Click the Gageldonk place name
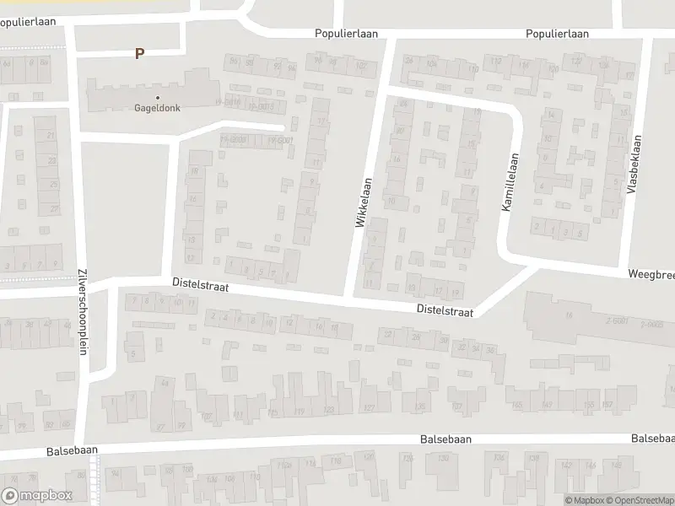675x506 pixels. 157,108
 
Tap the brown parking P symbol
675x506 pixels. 140,53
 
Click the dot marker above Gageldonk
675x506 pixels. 157,97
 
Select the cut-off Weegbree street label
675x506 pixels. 651,275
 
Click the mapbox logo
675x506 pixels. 37,496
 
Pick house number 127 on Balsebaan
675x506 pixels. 368,408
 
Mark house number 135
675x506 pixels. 420,408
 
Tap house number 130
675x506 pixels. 445,460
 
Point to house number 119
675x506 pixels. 300,412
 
